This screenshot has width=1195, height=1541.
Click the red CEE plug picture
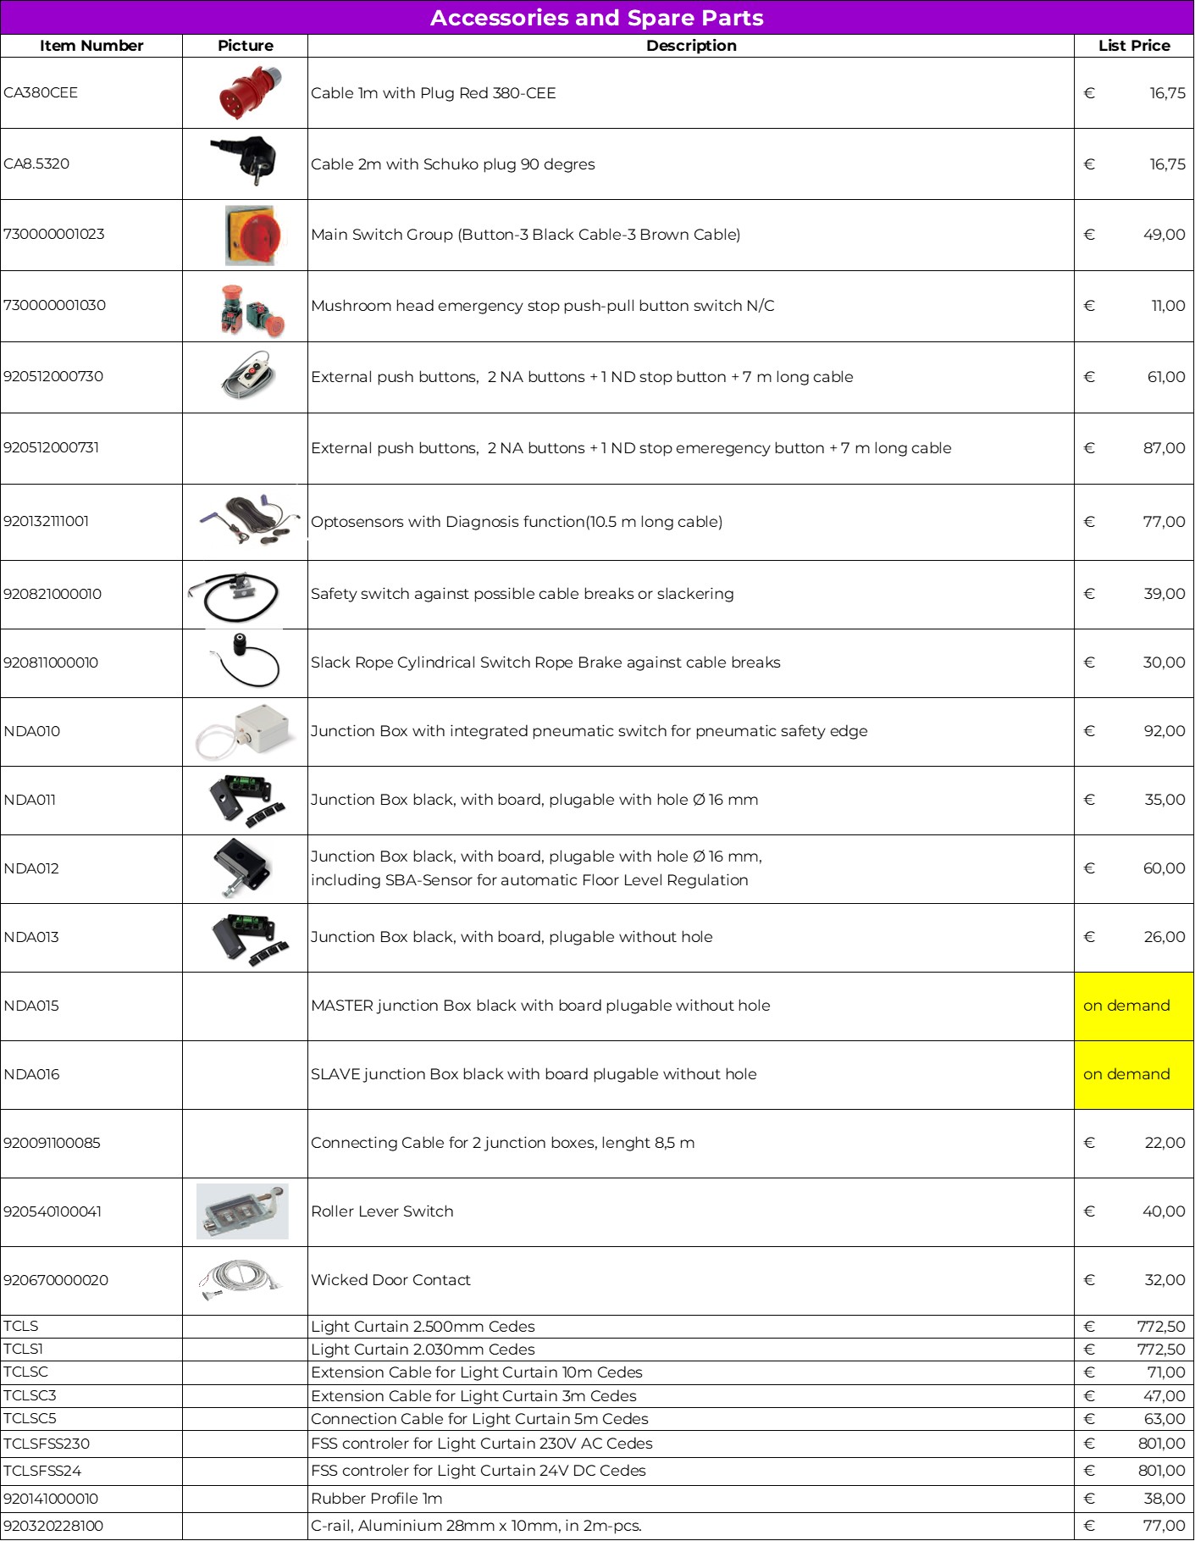click(250, 93)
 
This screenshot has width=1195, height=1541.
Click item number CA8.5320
click(36, 164)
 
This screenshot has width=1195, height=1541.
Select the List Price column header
click(1133, 46)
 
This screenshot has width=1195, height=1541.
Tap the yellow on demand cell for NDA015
click(1133, 1006)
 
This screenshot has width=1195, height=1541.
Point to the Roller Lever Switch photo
click(242, 1211)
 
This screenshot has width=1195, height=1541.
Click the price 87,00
click(1164, 448)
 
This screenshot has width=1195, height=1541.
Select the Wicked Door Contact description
click(390, 1280)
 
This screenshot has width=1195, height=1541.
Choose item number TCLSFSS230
click(47, 1444)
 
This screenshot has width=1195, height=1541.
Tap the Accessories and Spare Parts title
click(596, 18)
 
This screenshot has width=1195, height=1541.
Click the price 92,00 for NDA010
click(1164, 731)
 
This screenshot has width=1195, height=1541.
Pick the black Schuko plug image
click(246, 161)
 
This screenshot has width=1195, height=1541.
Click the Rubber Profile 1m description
click(377, 1499)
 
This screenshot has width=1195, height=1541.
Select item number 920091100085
click(52, 1143)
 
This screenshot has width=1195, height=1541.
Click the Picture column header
click(245, 46)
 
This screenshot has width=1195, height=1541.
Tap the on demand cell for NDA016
click(1133, 1074)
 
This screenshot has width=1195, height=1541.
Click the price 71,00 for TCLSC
click(1165, 1372)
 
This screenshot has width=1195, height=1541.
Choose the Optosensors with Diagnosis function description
click(516, 522)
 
